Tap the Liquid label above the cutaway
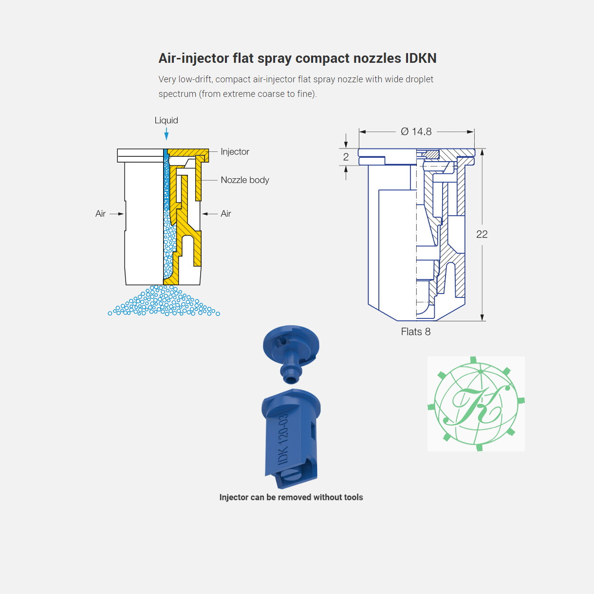pos(166,120)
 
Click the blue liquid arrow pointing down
pos(167,134)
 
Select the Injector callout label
pos(235,151)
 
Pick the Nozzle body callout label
pos(245,180)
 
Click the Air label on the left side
pos(100,214)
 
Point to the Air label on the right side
pos(226,214)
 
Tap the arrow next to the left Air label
pos(117,214)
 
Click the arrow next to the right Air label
pos(210,214)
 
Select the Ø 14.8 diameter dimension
pos(416,131)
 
